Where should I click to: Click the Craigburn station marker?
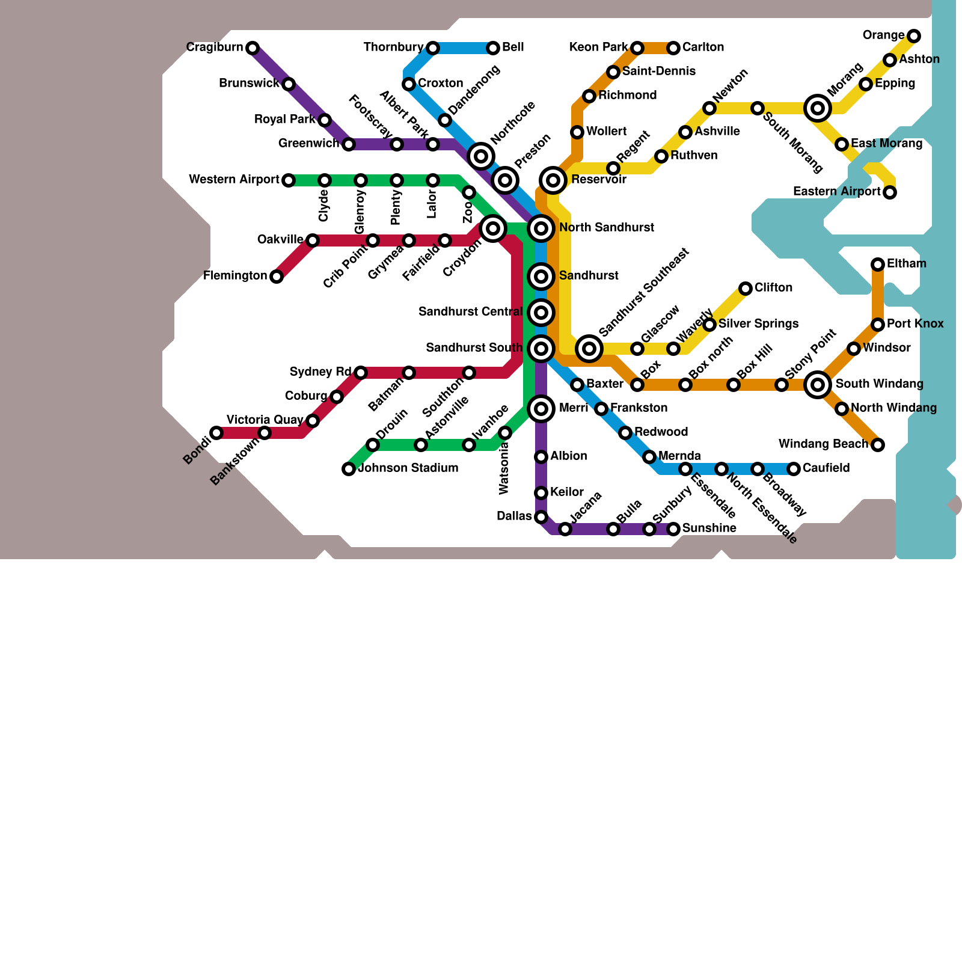pyautogui.click(x=253, y=47)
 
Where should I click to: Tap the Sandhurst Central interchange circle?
pyautogui.click(x=541, y=313)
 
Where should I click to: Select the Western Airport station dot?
pyautogui.click(x=289, y=180)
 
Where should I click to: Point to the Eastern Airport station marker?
pyautogui.click(x=890, y=192)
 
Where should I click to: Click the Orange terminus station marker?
pyautogui.click(x=914, y=36)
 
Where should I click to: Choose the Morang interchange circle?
pyautogui.click(x=818, y=108)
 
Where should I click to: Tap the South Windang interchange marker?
pyautogui.click(x=818, y=385)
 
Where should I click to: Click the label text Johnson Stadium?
pyautogui.click(x=408, y=468)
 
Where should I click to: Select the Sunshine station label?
pyautogui.click(x=709, y=528)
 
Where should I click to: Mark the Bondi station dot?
pyautogui.click(x=216, y=433)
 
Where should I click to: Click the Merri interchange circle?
pyautogui.click(x=541, y=409)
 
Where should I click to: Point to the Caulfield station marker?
pyautogui.click(x=794, y=469)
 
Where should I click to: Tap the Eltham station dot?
pyautogui.click(x=878, y=265)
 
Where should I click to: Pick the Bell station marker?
pyautogui.click(x=493, y=48)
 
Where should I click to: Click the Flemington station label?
pyautogui.click(x=235, y=276)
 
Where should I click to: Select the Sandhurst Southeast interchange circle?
pyautogui.click(x=589, y=349)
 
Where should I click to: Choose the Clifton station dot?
pyautogui.click(x=746, y=289)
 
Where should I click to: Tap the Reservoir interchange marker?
pyautogui.click(x=553, y=180)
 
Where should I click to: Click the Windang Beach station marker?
pyautogui.click(x=878, y=445)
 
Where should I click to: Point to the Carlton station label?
pyautogui.click(x=703, y=47)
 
